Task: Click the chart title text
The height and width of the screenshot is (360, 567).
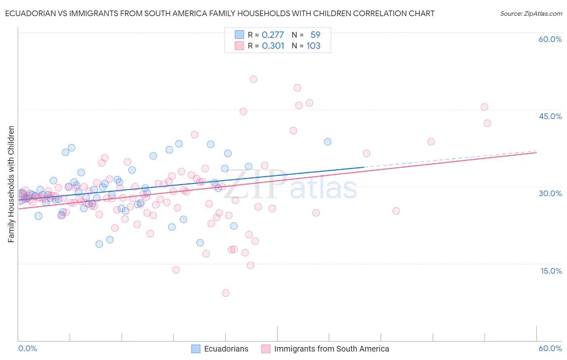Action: coord(220,13)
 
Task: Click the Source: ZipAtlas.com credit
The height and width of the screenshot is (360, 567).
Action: coord(531,13)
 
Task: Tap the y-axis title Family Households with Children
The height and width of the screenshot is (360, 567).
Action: coord(11,184)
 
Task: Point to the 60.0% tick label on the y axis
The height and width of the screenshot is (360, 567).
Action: coord(550,39)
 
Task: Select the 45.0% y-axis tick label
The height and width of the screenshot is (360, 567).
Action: coord(550,116)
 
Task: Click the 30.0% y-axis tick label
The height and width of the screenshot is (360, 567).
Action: coord(550,193)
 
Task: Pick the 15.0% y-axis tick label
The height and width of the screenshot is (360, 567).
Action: coord(551,270)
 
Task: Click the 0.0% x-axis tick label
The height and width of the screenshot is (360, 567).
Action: coord(27,348)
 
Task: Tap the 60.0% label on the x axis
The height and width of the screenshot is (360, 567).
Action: coord(550,348)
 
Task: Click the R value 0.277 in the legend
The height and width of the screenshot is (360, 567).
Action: coord(273,35)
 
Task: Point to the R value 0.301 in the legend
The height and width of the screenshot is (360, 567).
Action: coord(273,46)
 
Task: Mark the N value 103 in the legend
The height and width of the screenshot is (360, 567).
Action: coord(313,46)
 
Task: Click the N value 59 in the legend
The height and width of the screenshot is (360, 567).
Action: coord(315,35)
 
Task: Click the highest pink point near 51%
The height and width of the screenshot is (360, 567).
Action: coord(253,79)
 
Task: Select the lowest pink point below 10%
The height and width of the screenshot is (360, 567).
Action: coord(226,293)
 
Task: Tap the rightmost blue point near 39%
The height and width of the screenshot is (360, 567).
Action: coord(327,142)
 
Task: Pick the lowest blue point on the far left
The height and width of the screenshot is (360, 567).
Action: coord(38,216)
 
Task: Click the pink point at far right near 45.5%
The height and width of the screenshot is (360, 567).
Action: coord(484,107)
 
